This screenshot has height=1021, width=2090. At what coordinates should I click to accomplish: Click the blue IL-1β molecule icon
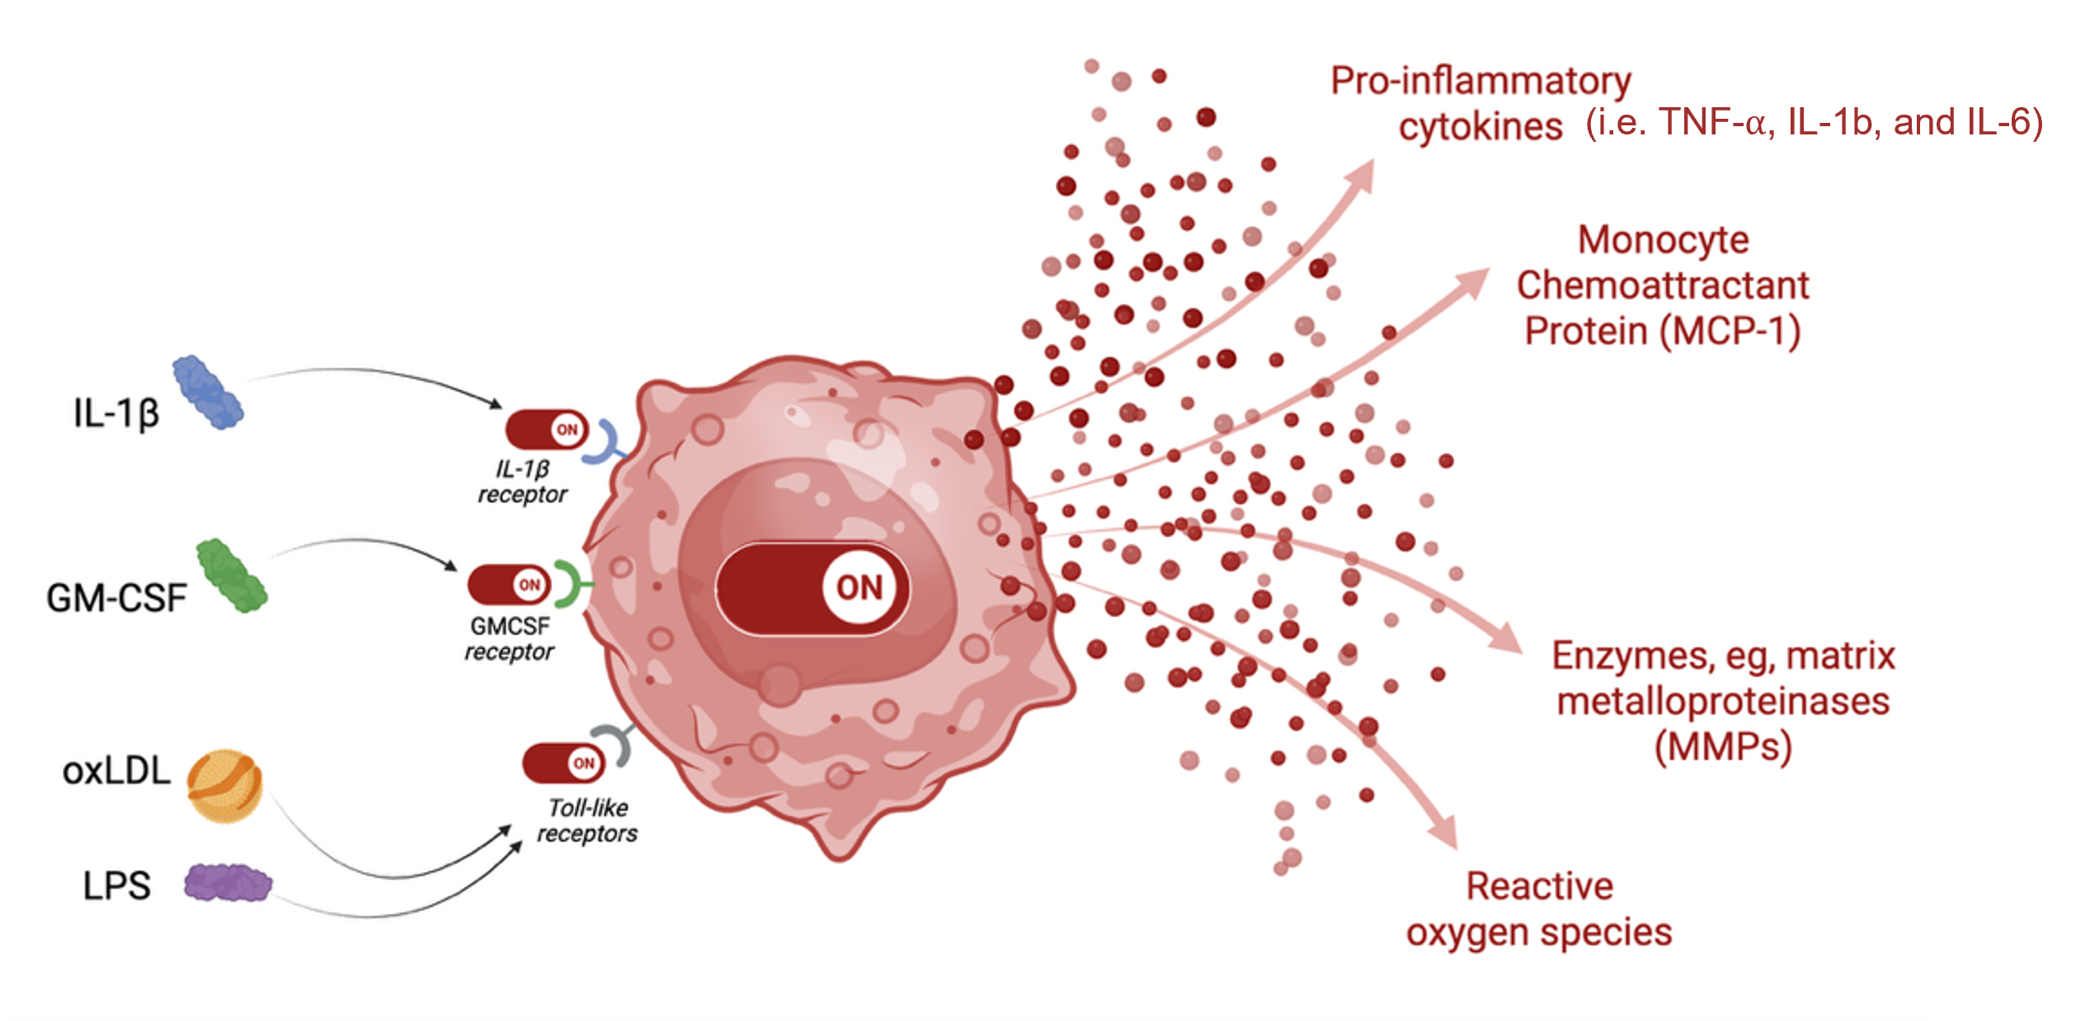(x=208, y=393)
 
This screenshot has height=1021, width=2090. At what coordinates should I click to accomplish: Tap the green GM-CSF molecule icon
(x=232, y=576)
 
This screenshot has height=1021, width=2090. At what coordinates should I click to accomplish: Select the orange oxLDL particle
(x=224, y=785)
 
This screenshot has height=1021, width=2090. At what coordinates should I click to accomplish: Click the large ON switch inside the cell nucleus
(x=812, y=588)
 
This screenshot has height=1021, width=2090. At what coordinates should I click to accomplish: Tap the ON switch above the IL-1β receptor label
(x=547, y=430)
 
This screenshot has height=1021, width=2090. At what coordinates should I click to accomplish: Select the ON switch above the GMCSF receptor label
(x=509, y=585)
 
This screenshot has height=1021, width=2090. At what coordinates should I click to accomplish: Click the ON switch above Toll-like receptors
(x=563, y=763)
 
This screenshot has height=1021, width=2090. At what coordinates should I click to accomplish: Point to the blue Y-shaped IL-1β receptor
(x=605, y=442)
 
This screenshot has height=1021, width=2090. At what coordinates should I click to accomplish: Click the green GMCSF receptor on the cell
(x=569, y=583)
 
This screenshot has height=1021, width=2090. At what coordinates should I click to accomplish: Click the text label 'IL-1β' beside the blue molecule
(x=115, y=413)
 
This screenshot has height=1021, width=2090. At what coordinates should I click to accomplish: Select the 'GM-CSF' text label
(x=116, y=598)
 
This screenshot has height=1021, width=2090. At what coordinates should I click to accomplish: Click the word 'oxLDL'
(x=116, y=771)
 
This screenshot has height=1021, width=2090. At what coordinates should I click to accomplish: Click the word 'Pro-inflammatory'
(x=1481, y=81)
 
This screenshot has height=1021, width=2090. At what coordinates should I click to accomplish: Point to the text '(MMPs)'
(x=1723, y=747)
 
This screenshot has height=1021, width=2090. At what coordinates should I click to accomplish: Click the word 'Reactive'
(x=1539, y=887)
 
